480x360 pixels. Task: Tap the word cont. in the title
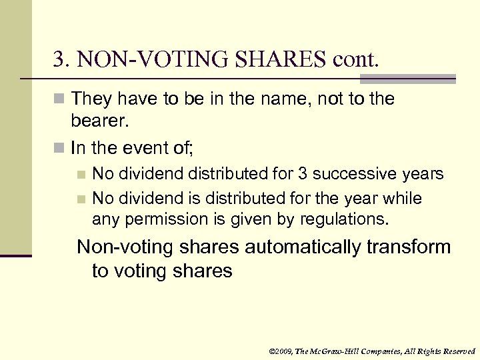click(355, 61)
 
